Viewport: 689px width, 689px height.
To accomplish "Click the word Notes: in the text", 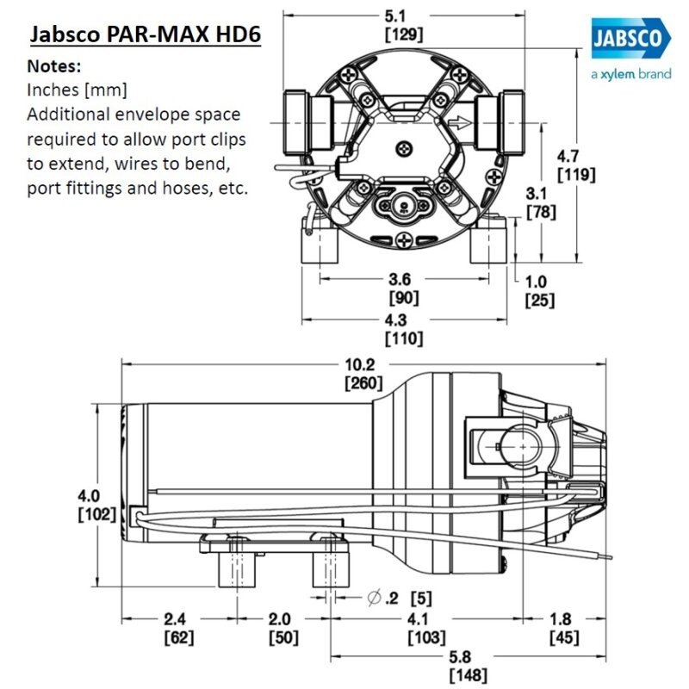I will pyautogui.click(x=55, y=65).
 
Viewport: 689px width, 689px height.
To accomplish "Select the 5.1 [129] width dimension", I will pyautogui.click(x=405, y=26).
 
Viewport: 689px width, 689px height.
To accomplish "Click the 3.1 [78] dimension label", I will pyautogui.click(x=540, y=202).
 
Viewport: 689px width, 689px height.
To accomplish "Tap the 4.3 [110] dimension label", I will pyautogui.click(x=404, y=330).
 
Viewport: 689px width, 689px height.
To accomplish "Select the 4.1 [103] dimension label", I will pyautogui.click(x=426, y=628).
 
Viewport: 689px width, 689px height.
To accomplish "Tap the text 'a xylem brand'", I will pyautogui.click(x=630, y=74).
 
